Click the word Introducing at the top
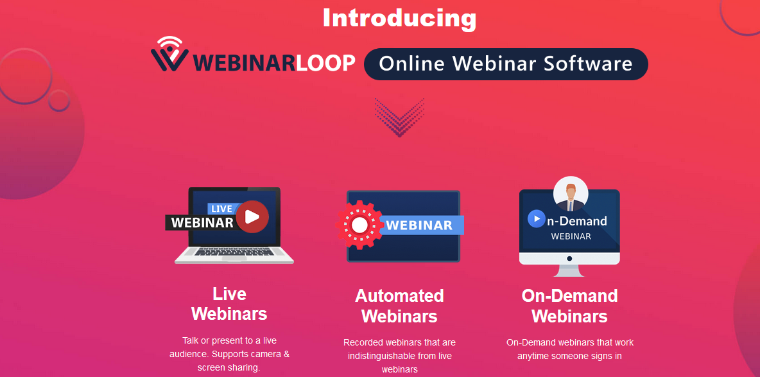pyautogui.click(x=399, y=19)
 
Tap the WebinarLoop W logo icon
pyautogui.click(x=169, y=54)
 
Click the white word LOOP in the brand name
pyautogui.click(x=325, y=62)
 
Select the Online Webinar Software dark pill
pyautogui.click(x=506, y=64)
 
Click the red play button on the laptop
pyautogui.click(x=252, y=216)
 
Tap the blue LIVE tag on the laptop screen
pyautogui.click(x=222, y=209)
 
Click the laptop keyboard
pyautogui.click(x=235, y=252)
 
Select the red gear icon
pyautogui.click(x=359, y=225)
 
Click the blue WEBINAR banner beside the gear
pyautogui.click(x=421, y=225)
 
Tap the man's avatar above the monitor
pyautogui.click(x=571, y=194)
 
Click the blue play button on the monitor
pyautogui.click(x=537, y=219)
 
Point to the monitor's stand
pyautogui.click(x=569, y=271)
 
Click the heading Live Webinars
pyautogui.click(x=229, y=304)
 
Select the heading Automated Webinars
pyautogui.click(x=399, y=306)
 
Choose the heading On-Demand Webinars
pyautogui.click(x=569, y=306)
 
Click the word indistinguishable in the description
pyautogui.click(x=382, y=356)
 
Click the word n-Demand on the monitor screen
pyautogui.click(x=577, y=221)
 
